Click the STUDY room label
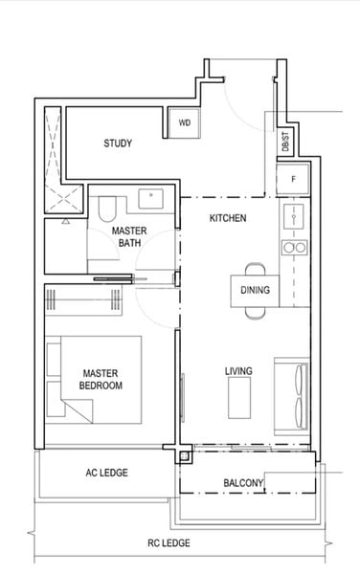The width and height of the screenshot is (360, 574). click(x=118, y=144)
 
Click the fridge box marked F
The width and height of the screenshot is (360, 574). click(x=293, y=179)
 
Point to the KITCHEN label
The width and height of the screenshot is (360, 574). click(x=228, y=219)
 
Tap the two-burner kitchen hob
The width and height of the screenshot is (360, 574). click(x=293, y=248)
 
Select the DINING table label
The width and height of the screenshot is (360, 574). click(x=255, y=290)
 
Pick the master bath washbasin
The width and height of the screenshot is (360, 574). click(x=151, y=200)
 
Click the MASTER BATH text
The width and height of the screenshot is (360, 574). click(x=128, y=238)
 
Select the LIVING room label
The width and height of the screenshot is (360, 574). click(x=238, y=371)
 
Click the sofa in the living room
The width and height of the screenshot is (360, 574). click(x=293, y=394)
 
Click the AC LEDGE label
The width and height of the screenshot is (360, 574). click(x=106, y=473)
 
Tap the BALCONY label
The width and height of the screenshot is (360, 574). click(x=243, y=483)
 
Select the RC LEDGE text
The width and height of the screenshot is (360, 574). click(x=169, y=543)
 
